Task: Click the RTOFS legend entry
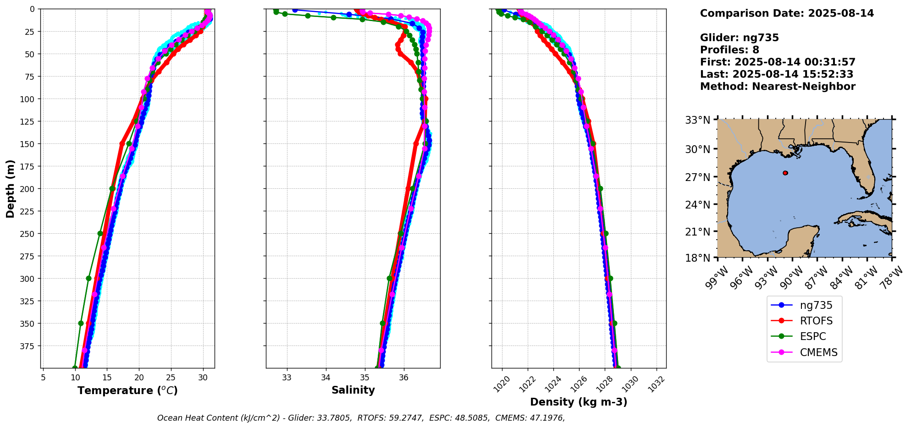click(x=816, y=321)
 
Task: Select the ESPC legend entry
click(x=813, y=336)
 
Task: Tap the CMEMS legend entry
click(x=818, y=352)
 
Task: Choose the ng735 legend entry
click(x=816, y=305)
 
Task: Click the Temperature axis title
click(x=127, y=390)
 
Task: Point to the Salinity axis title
click(x=353, y=390)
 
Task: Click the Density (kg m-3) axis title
click(x=579, y=402)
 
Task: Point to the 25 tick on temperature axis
click(x=171, y=378)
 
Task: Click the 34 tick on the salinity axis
click(x=326, y=378)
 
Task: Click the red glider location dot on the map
click(x=785, y=173)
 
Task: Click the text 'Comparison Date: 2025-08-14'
click(x=787, y=13)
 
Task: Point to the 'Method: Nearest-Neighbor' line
click(x=778, y=87)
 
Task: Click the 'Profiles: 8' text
click(x=729, y=50)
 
